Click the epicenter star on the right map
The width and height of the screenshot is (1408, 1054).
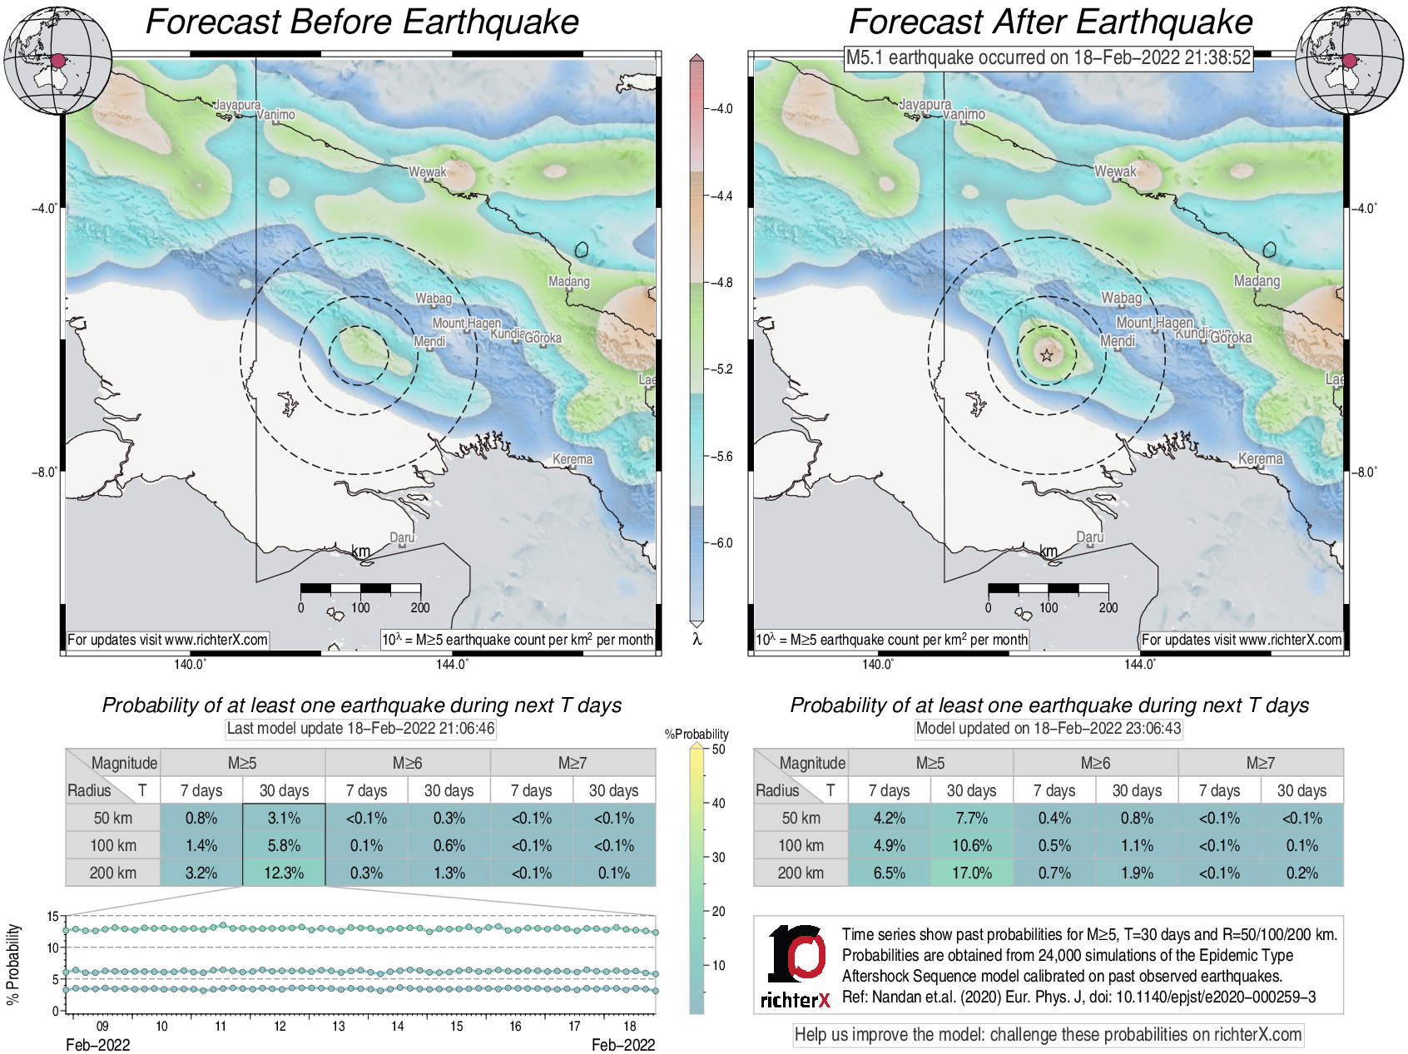point(1047,356)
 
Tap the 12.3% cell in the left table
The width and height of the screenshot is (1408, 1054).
point(284,873)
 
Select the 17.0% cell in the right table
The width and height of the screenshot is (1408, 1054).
point(971,873)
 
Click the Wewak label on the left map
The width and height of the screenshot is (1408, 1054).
point(427,172)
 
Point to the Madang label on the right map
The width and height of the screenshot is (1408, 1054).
point(1257,281)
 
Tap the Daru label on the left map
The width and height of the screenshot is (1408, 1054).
point(402,537)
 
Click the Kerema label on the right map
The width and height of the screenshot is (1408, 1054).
point(1260,458)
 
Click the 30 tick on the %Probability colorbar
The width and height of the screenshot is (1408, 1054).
point(718,857)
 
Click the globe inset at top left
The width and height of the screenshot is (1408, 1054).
point(57,60)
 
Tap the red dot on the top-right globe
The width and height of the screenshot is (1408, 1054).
point(1350,61)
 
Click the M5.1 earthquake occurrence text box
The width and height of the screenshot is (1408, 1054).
point(1049,57)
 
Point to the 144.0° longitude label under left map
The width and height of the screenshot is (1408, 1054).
point(452,664)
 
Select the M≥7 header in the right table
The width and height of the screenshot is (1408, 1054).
point(1260,763)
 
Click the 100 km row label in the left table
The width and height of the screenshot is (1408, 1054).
point(113,845)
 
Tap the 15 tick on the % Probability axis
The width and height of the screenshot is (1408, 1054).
point(52,916)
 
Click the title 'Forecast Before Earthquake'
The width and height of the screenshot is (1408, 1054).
point(362,22)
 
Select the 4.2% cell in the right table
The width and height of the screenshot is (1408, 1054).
point(889,818)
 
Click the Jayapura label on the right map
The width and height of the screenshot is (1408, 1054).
point(925,105)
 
